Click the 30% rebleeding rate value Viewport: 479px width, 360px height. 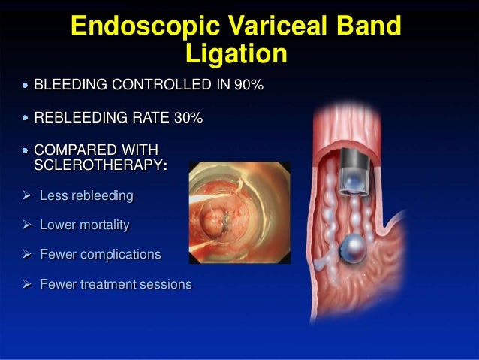[187, 118]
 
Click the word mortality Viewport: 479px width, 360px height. [104, 225]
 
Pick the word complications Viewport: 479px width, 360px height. [122, 254]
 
